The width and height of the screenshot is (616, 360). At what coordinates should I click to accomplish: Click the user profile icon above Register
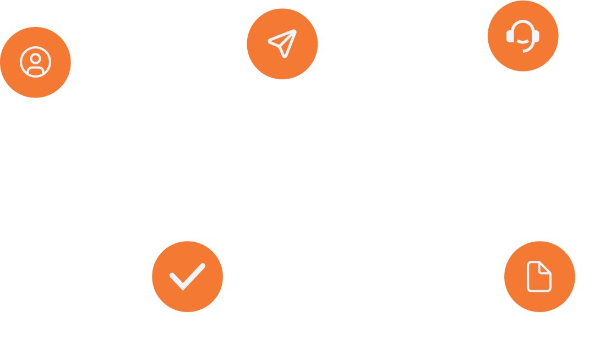(x=35, y=62)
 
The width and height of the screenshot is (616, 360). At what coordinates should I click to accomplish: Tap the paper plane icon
(x=282, y=43)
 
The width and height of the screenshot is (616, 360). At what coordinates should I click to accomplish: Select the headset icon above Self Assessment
(x=522, y=36)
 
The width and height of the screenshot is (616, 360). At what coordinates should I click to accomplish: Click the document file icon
(x=539, y=276)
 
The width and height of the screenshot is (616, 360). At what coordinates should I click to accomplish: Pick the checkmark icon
(x=187, y=276)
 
